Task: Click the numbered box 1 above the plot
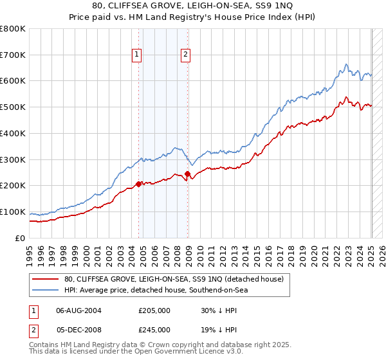click(138, 55)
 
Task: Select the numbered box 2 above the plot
click(185, 55)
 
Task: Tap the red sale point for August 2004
click(138, 184)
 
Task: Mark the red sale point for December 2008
click(187, 174)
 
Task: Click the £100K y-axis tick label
click(12, 212)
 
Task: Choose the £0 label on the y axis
click(21, 238)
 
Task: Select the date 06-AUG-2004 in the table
click(78, 310)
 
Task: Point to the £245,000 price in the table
click(154, 328)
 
